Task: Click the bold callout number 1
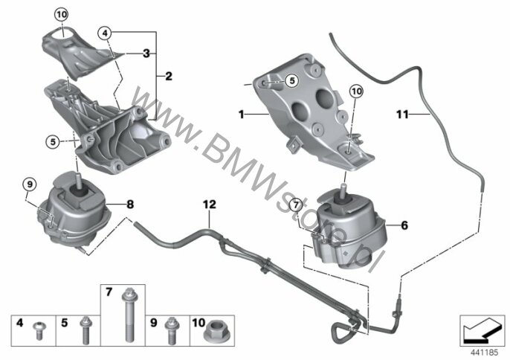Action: [x=241, y=115]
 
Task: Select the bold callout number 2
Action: [x=169, y=76]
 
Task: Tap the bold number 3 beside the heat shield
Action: [x=146, y=54]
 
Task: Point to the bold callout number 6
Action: [x=404, y=225]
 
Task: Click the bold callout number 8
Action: [x=130, y=205]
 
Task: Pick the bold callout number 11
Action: [x=402, y=115]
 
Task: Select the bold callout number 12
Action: [x=210, y=205]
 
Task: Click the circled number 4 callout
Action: [x=105, y=33]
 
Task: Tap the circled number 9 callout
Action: [x=30, y=185]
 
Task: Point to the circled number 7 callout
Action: [x=296, y=205]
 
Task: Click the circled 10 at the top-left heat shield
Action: [x=62, y=15]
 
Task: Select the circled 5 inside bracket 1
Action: [x=291, y=80]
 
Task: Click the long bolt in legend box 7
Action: [x=127, y=315]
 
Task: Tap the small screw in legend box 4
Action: [x=39, y=331]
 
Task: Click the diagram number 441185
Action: [x=485, y=352]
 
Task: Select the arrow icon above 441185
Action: [x=482, y=331]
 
